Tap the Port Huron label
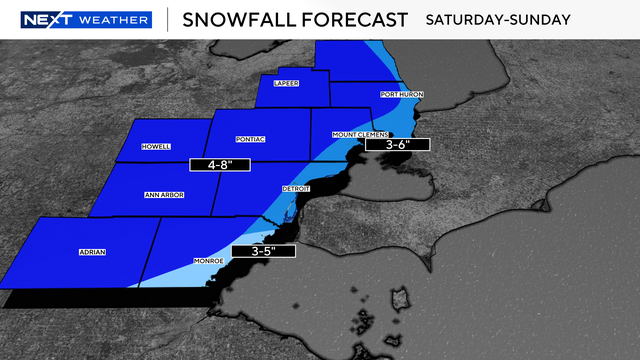coord(402,94)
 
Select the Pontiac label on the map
coord(249,139)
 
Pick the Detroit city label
coord(296,188)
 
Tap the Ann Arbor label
coord(165,194)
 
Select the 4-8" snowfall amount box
coord(219,163)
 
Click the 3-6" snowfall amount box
coord(395,145)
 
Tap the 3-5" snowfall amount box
coord(263,251)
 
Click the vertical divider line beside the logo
coord(166,20)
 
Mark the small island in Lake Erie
coord(402,300)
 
